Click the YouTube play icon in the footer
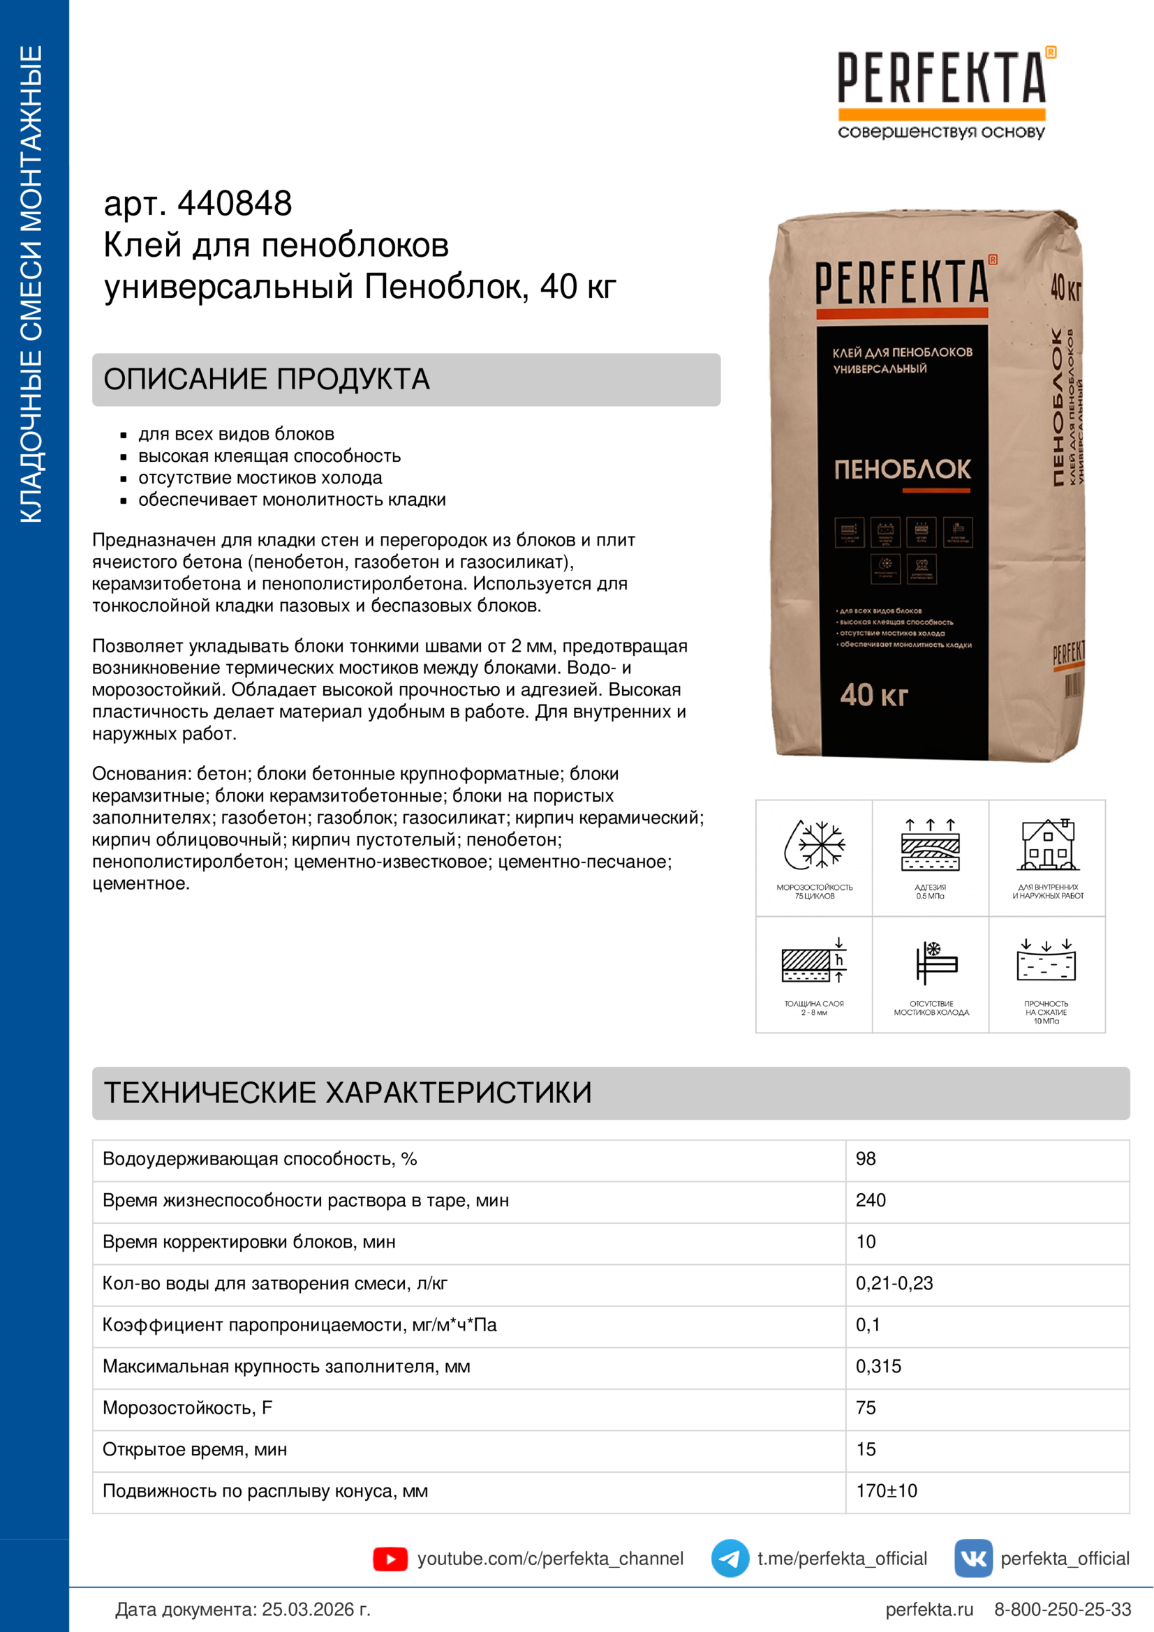(390, 1559)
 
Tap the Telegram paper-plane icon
(730, 1558)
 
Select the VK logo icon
(972, 1558)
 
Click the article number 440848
(234, 203)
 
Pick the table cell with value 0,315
(878, 1366)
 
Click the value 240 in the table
(871, 1200)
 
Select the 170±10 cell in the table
(886, 1490)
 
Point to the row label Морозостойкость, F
(187, 1407)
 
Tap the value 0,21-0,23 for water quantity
(894, 1283)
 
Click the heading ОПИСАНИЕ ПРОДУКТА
(267, 379)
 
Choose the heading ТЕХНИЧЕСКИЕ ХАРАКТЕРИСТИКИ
(348, 1093)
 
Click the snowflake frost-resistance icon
(814, 845)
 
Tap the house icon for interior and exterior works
(1047, 845)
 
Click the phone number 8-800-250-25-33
(1062, 1609)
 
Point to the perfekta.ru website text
(929, 1609)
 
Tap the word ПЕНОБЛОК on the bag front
(901, 469)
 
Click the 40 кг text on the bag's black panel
(874, 694)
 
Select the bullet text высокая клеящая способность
(269, 456)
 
